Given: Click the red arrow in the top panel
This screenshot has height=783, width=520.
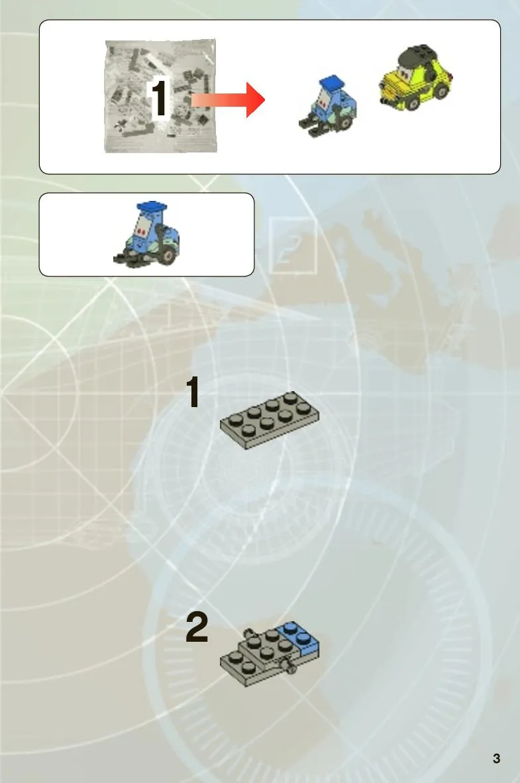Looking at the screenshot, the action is click(x=228, y=100).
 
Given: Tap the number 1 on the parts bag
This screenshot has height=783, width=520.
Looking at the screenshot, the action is click(x=160, y=98).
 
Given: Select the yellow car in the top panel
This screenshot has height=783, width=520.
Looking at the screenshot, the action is click(x=415, y=78).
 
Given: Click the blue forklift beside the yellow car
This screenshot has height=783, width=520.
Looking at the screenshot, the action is click(x=329, y=106).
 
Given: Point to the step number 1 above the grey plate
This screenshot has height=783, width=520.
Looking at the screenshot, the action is click(x=193, y=392).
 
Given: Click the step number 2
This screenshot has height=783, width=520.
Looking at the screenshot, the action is click(x=197, y=627).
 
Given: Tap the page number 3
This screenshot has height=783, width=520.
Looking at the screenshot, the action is click(x=496, y=758).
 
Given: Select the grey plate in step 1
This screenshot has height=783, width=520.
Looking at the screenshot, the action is click(x=270, y=420).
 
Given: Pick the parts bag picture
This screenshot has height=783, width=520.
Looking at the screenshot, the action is click(x=160, y=95).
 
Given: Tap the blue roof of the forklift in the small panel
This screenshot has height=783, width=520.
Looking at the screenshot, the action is click(x=151, y=206).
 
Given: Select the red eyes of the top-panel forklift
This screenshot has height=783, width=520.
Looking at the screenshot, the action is click(x=325, y=104).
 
